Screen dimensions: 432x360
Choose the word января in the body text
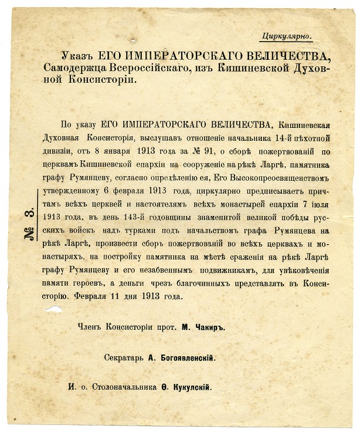[x=115, y=151]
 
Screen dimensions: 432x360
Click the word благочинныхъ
[x=219, y=282]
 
